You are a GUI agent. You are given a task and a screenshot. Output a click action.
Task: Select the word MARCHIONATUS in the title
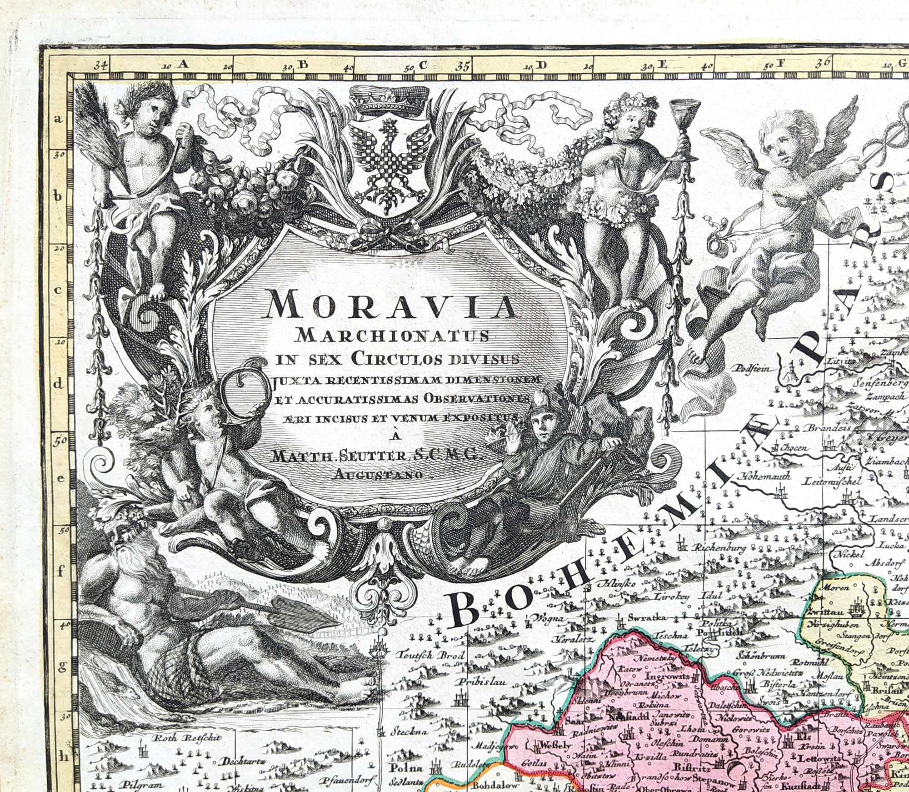coord(392,336)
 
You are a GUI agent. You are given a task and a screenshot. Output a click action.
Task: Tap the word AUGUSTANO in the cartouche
coord(383,475)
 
